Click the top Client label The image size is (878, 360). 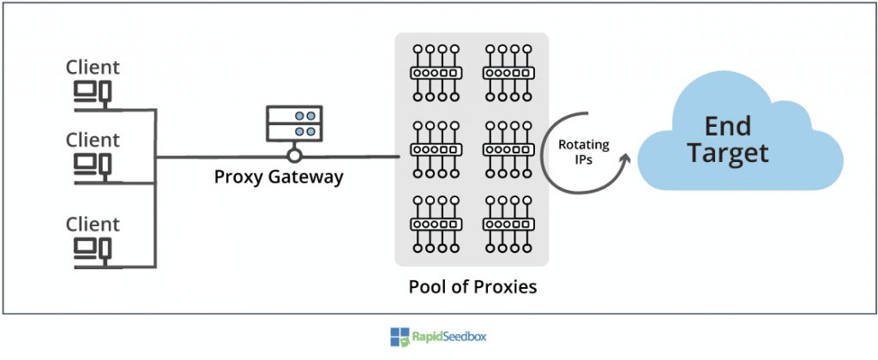pos(93,67)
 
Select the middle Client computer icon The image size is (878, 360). pos(90,163)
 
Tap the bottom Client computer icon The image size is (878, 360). pos(90,249)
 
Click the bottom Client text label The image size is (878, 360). pos(93,225)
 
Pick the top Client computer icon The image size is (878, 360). pos(90,91)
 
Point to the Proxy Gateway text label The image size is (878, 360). pos(280,178)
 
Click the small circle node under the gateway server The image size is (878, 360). pos(295,156)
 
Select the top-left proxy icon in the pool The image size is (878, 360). pos(435,73)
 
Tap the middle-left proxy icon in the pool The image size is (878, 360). pos(435,148)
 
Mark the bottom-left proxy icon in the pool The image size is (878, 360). pos(435,225)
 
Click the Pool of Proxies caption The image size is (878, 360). pos(472,285)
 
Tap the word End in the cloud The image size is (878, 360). pos(727,126)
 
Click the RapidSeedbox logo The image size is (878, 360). pos(438,337)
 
